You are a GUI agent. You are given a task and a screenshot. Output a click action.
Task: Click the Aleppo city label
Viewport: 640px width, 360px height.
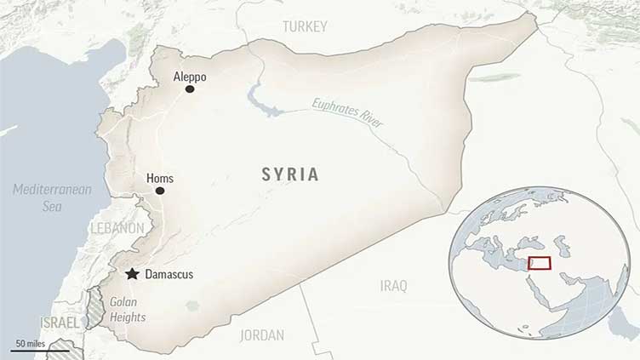point(189,77)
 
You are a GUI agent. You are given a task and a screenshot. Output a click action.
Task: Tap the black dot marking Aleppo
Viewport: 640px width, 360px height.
point(190,89)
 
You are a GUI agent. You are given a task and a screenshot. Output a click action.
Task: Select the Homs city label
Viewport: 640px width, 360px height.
point(160,178)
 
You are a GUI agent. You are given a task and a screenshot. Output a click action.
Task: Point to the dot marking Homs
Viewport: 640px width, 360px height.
point(160,191)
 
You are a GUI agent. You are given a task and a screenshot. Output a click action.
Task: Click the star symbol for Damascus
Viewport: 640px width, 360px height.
point(132,274)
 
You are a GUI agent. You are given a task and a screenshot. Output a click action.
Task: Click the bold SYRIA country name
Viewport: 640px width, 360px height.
point(290,174)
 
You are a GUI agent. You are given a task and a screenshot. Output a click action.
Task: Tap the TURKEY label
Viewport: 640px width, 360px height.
point(304,26)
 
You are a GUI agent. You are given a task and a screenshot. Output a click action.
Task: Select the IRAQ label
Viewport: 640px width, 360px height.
point(393,285)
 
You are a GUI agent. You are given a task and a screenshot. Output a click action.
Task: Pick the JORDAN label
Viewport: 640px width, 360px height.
point(262,334)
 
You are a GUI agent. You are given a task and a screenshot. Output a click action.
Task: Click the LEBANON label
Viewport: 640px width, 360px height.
point(117,229)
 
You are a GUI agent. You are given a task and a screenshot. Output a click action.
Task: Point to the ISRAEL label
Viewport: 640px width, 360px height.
point(59,323)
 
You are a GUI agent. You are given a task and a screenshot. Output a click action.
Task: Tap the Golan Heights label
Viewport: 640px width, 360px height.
point(127,310)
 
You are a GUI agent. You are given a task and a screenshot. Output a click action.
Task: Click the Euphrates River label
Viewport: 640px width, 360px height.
point(347,113)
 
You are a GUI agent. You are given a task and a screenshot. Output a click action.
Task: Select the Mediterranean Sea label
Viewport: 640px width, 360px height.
point(51,197)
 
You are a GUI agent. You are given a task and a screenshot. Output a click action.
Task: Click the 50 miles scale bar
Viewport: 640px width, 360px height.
point(40,347)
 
